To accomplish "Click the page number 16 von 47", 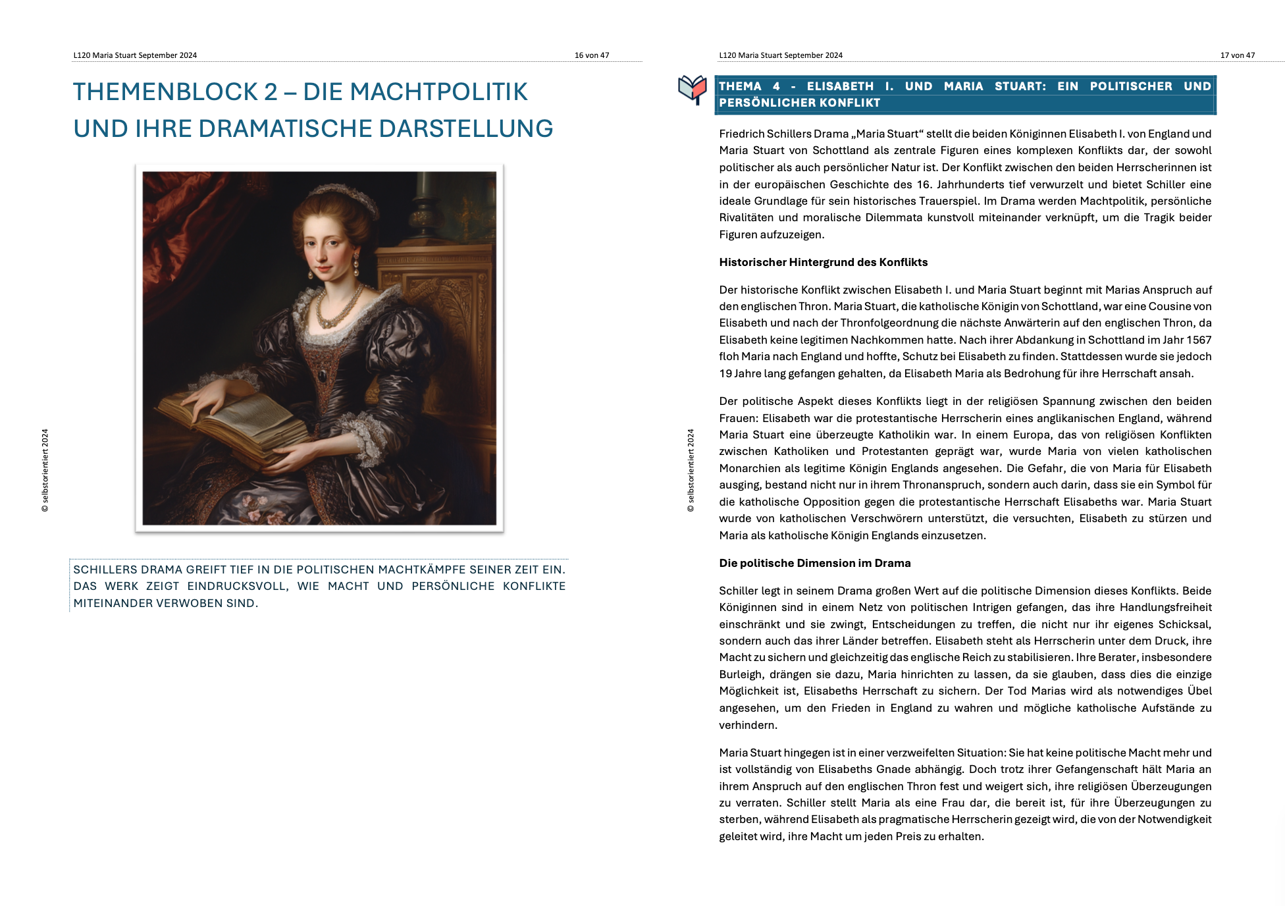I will click(591, 55).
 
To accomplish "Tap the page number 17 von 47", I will click(1237, 55).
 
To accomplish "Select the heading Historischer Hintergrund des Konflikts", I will click(823, 262).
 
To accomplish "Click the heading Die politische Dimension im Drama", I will click(814, 563).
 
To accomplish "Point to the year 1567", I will click(1199, 340).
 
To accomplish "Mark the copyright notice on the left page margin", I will click(45, 470).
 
